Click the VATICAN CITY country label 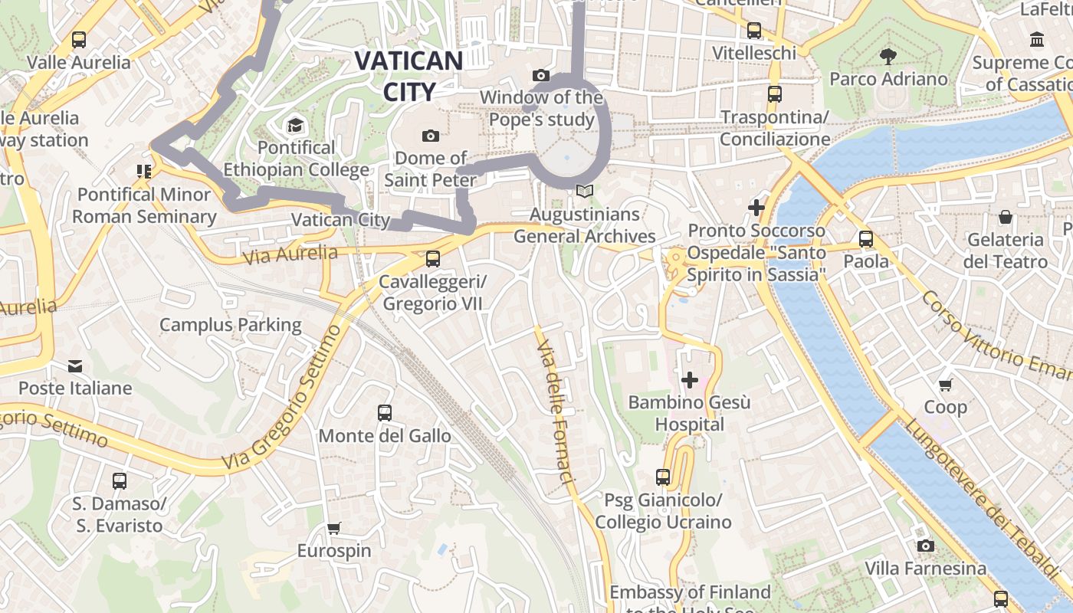point(409,76)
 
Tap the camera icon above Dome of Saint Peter point(431,136)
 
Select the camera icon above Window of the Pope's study point(541,75)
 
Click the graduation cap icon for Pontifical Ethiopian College point(295,125)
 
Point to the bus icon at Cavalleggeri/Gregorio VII point(433,259)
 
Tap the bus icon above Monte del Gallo point(385,413)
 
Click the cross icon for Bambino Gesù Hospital point(690,379)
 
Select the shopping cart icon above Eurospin point(333,528)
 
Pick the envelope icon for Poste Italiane point(75,366)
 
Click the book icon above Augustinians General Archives point(585,192)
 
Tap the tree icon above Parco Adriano point(888,56)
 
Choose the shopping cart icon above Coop point(945,385)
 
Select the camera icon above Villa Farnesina point(926,546)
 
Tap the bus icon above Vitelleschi point(754,31)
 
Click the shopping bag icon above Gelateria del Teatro point(1006,217)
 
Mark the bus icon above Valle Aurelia point(78,40)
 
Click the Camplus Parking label point(230,325)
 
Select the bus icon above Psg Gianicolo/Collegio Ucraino point(663,477)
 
